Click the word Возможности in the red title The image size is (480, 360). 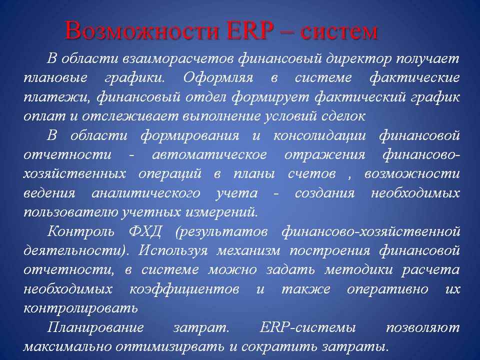pos(142,31)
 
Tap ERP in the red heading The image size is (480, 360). pos(250,30)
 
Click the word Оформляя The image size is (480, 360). pos(218,77)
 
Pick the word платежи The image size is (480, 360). pos(57,97)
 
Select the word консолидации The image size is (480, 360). pos(319,135)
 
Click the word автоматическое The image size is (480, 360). pos(209,154)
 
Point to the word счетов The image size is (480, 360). pos(311,174)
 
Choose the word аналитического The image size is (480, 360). pos(145,193)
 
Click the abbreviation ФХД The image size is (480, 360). pos(145,231)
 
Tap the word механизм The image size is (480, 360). pos(248,250)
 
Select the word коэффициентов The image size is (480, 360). pos(184,289)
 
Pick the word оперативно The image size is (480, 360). pos(387,289)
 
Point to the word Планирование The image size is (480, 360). pos(95,327)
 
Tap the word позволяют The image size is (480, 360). pos(423,327)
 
